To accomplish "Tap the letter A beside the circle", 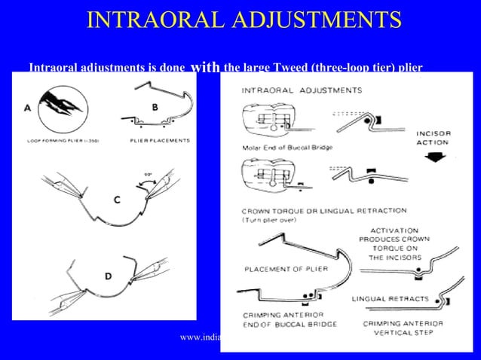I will [x=28, y=108].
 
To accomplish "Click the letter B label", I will [x=155, y=107].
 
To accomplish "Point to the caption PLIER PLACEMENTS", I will [x=160, y=140].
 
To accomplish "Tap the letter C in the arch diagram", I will [x=116, y=200].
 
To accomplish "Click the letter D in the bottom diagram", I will [x=109, y=276].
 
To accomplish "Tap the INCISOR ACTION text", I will [x=434, y=137].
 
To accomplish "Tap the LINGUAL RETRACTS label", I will [x=390, y=299].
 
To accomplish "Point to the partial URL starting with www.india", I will [x=200, y=337].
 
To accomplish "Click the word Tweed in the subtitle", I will [x=269, y=68].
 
